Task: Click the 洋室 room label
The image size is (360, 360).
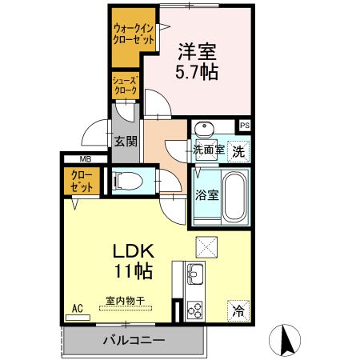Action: pos(197,51)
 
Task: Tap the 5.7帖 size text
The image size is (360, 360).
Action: pos(197,72)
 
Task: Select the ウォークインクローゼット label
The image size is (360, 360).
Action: pos(134,34)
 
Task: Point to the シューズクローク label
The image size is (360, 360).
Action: pos(126,86)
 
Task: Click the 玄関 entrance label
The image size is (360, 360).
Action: pos(126,141)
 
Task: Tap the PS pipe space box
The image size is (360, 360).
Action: pos(245,126)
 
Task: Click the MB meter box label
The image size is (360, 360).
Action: pos(86,159)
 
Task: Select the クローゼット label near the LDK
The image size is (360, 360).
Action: pos(82,182)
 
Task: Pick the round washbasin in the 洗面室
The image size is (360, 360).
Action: pos(205,129)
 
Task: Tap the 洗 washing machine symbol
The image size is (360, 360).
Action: pos(238,151)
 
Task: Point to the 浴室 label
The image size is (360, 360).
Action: pos(206,195)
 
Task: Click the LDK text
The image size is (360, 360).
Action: pos(134,250)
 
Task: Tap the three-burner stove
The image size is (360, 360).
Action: pos(194,310)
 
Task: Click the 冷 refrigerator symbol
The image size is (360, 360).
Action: pos(238,311)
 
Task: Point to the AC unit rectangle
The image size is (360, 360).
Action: pos(78,318)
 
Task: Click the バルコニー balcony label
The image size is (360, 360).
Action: pos(134,340)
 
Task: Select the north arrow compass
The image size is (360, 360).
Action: pos(285,340)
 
